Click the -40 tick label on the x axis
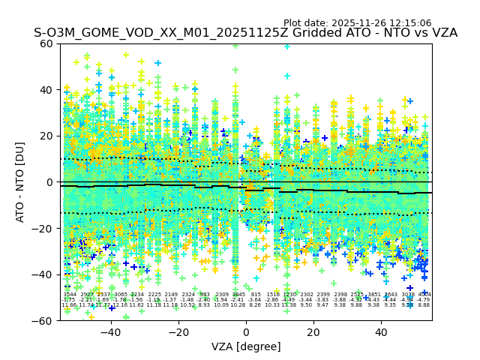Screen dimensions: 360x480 click(110, 331)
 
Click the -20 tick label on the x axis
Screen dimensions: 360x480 click(178, 331)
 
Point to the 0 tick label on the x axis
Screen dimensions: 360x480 click(246, 331)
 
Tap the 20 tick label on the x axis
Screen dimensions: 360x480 click(313, 331)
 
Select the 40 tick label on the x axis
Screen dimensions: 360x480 click(380, 331)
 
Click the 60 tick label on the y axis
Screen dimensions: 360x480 click(46, 43)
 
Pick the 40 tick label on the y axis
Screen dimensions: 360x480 click(46, 90)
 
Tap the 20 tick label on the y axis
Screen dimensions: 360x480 click(46, 136)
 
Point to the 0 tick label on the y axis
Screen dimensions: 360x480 click(49, 182)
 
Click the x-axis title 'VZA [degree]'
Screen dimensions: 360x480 click(246, 346)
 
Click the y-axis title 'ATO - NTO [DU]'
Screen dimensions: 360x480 click(20, 182)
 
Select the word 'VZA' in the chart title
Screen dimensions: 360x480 click(442, 33)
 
